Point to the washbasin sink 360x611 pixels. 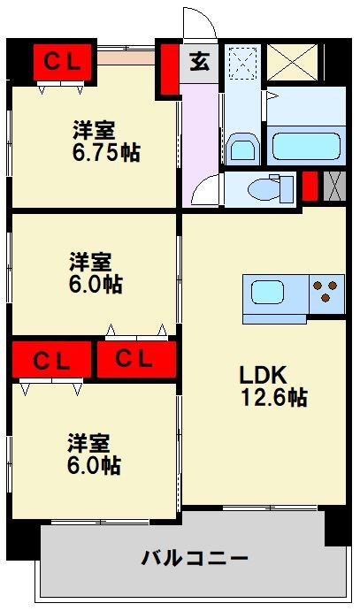(x=241, y=146)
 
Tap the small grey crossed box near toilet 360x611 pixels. (x=333, y=187)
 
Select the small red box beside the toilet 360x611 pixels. (x=310, y=187)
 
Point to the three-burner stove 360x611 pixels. (x=326, y=292)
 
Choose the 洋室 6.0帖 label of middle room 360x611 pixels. (x=96, y=273)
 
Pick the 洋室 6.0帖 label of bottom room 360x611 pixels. (x=94, y=454)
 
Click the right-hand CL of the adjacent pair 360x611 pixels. (x=134, y=360)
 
